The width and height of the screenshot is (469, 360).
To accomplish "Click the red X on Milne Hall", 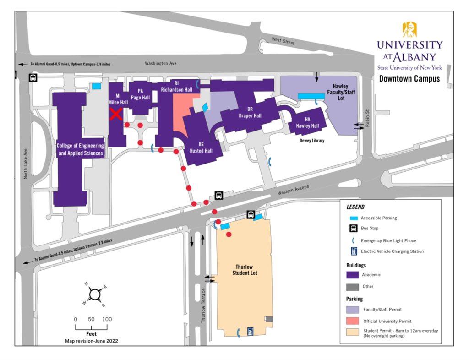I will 116,114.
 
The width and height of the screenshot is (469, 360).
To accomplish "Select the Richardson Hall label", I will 176,87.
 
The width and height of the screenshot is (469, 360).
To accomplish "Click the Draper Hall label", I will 250,113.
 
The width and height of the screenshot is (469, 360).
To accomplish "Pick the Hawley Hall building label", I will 308,123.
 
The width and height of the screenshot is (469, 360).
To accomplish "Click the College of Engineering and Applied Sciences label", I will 80,149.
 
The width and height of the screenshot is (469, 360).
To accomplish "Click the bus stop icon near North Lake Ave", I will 33,78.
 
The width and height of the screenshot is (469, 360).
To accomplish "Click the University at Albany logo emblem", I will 409,30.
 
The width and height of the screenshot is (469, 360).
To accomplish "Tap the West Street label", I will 283,41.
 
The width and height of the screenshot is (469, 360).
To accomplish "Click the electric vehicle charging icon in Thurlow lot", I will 251,330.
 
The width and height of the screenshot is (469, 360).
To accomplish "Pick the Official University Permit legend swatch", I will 352,321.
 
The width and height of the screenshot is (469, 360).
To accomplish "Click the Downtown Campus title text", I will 409,78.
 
